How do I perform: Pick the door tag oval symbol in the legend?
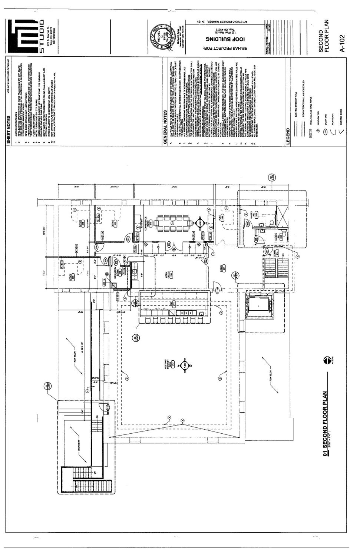pos(315,131)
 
